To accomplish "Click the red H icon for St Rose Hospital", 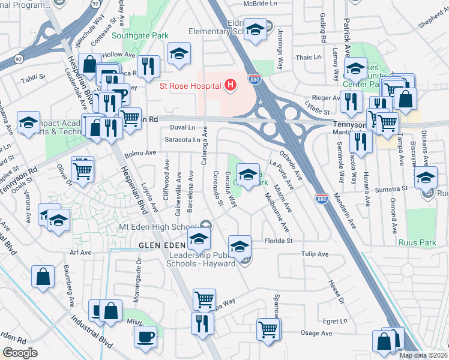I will [x=229, y=86].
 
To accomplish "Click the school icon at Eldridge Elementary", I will [x=255, y=28].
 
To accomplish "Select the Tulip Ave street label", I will [x=315, y=254].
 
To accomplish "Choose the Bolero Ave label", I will [x=140, y=154].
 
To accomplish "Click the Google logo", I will [x=20, y=353].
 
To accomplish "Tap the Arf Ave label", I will [x=80, y=253].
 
